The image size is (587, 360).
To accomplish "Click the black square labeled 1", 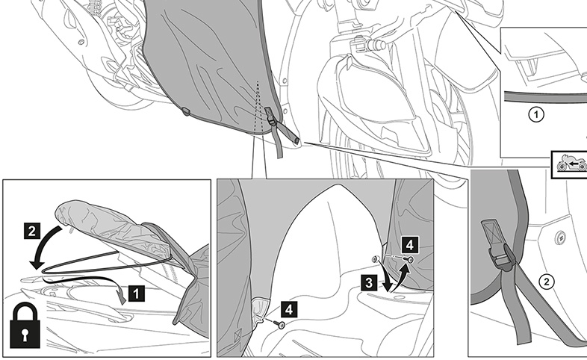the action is [x=136, y=293].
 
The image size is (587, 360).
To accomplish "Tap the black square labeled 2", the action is [x=32, y=231].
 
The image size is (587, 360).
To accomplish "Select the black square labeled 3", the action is [x=369, y=283].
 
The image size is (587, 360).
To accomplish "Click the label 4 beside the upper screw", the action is [x=409, y=245].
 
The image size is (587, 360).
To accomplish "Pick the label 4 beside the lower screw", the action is [x=289, y=309].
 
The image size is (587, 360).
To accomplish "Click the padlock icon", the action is [x=25, y=325].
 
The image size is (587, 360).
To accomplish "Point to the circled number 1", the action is [x=536, y=114].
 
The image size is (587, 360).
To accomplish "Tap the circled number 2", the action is [x=547, y=282].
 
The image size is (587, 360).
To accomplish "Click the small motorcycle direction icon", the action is [x=569, y=164].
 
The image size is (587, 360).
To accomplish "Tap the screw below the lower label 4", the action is [x=280, y=324].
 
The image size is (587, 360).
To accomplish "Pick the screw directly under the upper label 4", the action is [x=411, y=259].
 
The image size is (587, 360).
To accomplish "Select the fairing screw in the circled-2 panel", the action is [x=560, y=237].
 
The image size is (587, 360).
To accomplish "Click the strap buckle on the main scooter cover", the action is [x=272, y=118].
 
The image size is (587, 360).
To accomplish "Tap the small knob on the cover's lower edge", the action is [x=186, y=111].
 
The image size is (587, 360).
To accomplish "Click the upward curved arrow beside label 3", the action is [x=399, y=276].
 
